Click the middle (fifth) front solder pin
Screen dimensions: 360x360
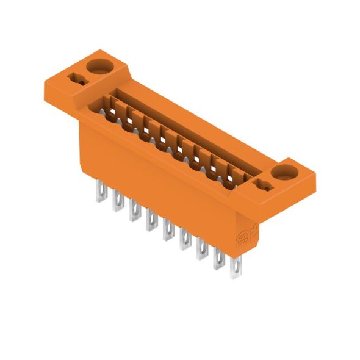tap(167, 232)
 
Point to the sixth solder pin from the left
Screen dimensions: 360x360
tap(184, 241)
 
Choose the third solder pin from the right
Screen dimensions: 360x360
tap(201, 250)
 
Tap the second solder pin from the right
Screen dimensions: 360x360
tap(218, 260)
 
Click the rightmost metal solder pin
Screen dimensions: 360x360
tap(236, 269)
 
